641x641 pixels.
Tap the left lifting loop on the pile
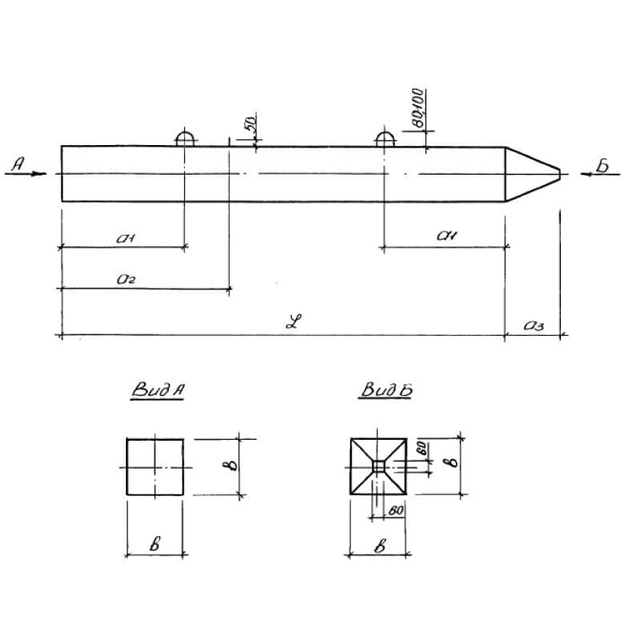[x=186, y=138]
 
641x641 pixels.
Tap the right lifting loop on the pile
[x=385, y=138]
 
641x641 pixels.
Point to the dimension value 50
[x=249, y=124]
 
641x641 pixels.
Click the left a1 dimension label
[x=126, y=238]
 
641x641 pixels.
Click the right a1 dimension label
[x=446, y=236]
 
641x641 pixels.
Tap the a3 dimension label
[x=534, y=325]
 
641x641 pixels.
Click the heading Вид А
[x=159, y=391]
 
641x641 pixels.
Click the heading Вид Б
[x=387, y=391]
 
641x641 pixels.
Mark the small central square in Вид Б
[x=379, y=466]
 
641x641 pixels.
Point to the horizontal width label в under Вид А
[x=157, y=543]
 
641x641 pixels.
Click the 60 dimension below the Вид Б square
[x=393, y=508]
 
